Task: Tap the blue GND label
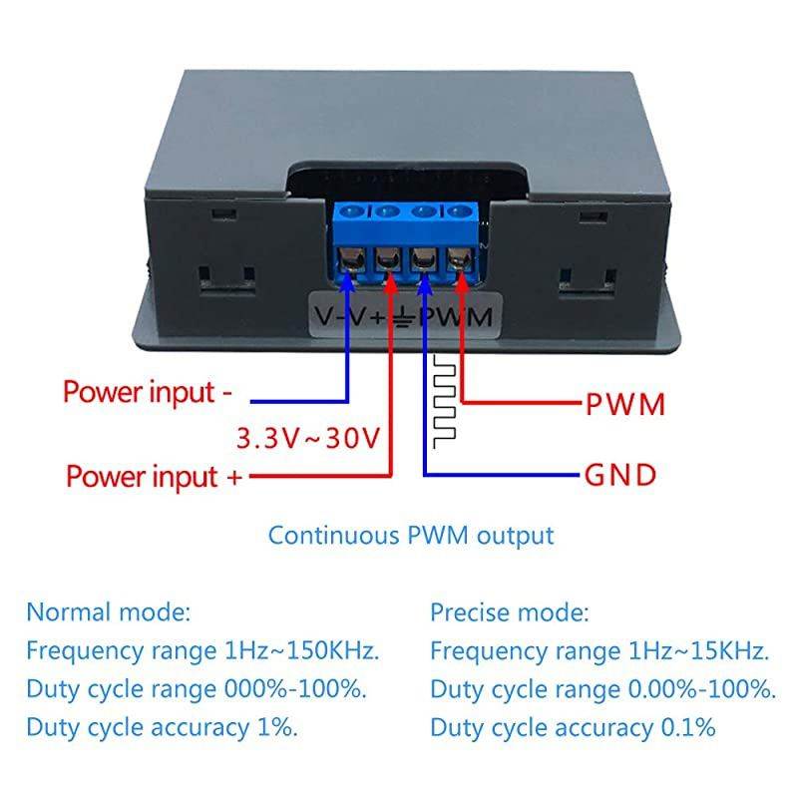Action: point(619,475)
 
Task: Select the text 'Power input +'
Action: point(154,476)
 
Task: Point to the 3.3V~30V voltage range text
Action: point(307,437)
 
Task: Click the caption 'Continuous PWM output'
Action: point(410,535)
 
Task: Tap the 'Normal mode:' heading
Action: point(108,610)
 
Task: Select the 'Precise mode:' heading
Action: point(510,610)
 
